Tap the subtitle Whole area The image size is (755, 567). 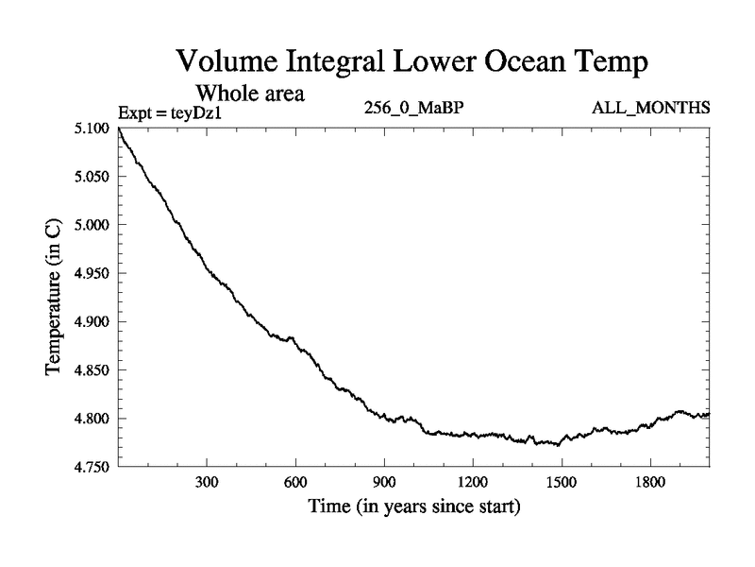tap(249, 94)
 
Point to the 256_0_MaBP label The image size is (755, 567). tap(413, 109)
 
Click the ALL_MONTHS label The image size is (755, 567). tap(651, 109)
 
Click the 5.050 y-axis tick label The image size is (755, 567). tap(92, 177)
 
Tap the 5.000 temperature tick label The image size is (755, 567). tap(92, 225)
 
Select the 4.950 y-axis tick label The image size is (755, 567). tap(92, 274)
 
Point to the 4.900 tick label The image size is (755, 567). tap(92, 322)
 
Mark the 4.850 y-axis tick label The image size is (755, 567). tap(92, 370)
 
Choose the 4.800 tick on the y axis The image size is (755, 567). tap(92, 419)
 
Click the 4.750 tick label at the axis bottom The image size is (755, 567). tap(92, 467)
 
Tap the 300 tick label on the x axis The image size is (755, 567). tap(207, 483)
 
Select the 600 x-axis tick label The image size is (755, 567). tap(295, 483)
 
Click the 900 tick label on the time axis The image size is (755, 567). tap(384, 483)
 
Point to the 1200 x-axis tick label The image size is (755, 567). tap(473, 483)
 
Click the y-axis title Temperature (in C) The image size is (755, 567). tap(55, 298)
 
